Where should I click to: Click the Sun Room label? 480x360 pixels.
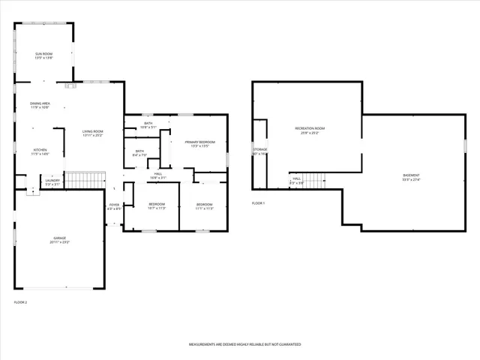(43, 55)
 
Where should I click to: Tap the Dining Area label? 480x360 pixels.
(40, 106)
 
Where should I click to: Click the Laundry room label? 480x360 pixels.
(52, 181)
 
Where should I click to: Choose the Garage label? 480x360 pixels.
(59, 240)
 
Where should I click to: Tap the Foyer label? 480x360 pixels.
(114, 206)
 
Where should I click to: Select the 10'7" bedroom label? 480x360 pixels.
(157, 206)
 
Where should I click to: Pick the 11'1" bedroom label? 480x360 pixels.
(205, 206)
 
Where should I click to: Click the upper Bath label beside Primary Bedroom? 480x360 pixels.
(148, 125)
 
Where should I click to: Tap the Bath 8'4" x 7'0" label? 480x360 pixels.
(139, 153)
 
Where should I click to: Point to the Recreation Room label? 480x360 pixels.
(310, 131)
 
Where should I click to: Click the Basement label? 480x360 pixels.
(411, 178)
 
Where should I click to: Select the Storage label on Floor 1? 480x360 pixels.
(259, 151)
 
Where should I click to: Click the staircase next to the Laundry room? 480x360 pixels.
(84, 180)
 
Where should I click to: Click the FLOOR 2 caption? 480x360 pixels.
(20, 302)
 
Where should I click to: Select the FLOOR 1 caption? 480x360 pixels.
(258, 203)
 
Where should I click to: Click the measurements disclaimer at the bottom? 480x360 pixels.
(244, 344)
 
